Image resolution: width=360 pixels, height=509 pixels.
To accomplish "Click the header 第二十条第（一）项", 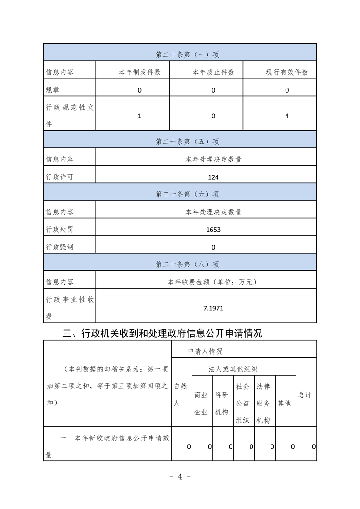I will (187, 54).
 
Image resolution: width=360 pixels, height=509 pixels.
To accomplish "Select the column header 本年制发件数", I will (140, 72).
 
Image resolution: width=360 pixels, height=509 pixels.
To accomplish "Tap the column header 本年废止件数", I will (213, 72).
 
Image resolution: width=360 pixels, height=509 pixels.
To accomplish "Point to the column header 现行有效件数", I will (287, 72).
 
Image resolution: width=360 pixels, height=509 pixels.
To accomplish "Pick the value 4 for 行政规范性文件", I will (287, 116).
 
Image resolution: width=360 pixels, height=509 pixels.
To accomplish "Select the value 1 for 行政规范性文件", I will (140, 116).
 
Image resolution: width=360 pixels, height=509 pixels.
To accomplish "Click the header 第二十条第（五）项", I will (187, 142).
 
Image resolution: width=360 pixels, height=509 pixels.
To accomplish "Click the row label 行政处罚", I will (59, 230).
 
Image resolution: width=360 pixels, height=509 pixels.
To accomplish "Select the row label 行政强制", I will (59, 247).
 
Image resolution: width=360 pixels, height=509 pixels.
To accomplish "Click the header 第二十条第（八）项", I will (187, 264).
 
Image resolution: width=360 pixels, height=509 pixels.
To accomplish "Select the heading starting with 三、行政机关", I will (162, 334).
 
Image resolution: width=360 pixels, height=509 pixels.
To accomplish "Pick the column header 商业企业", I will (201, 403).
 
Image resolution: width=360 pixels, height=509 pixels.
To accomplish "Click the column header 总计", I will (305, 395).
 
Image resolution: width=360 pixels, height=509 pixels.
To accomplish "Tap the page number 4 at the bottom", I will (180, 476).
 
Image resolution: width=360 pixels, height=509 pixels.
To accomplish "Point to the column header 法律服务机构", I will (264, 403).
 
